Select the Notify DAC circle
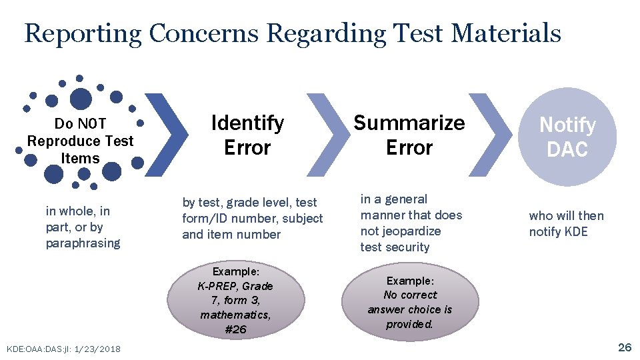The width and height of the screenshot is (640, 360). (567, 137)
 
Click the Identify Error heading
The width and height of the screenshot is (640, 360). (247, 135)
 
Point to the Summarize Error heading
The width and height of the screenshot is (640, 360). (409, 135)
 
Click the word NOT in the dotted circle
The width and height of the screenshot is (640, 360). (91, 124)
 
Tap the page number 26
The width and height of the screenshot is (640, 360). (625, 347)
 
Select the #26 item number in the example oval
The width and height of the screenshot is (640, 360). (235, 329)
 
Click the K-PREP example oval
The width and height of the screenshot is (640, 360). (235, 299)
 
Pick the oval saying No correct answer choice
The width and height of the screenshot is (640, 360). (410, 302)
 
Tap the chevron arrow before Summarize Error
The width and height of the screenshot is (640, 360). (329, 135)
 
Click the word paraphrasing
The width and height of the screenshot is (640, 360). (83, 243)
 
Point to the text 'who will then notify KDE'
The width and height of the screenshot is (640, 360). (566, 223)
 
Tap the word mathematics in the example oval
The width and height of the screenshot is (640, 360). (235, 315)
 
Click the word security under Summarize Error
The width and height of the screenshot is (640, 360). (413, 247)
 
